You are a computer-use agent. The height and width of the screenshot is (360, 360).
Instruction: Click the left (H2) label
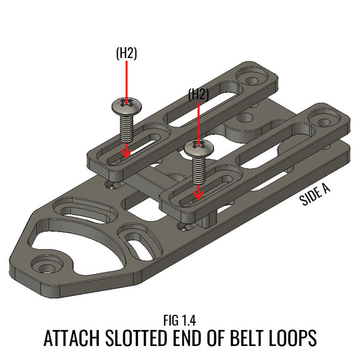pos(126,54)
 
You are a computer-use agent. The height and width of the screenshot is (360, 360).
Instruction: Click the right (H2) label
pos(198,94)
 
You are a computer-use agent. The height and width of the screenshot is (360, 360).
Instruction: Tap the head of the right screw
pos(199,149)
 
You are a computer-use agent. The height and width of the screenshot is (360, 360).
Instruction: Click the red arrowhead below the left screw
pos(126,153)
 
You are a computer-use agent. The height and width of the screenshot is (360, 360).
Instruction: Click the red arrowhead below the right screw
pos(199,194)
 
